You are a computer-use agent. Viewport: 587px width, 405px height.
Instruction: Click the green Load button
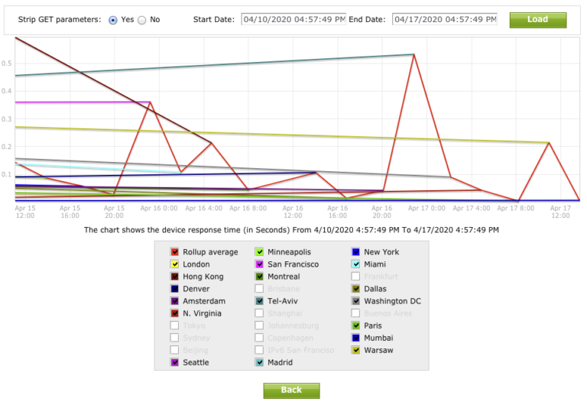(x=537, y=19)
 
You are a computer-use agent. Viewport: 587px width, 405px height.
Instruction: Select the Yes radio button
(x=113, y=20)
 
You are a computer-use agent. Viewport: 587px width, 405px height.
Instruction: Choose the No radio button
(x=142, y=20)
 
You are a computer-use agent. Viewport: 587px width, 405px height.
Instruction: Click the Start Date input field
(x=293, y=19)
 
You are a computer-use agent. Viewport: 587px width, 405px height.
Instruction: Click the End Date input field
(x=444, y=19)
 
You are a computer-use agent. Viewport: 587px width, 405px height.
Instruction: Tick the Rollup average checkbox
(x=175, y=251)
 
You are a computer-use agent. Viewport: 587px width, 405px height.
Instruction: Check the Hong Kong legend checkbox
(x=175, y=276)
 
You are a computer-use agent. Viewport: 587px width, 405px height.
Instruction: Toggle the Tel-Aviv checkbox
(x=260, y=301)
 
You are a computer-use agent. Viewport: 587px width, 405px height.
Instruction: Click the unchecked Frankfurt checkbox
(x=355, y=276)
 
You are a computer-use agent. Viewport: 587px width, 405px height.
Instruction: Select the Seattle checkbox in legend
(x=175, y=362)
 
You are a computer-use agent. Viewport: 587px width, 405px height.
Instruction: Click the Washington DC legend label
(x=392, y=301)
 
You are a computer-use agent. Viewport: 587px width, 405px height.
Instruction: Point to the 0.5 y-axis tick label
(x=8, y=63)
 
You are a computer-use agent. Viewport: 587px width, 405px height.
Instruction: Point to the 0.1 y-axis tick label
(x=8, y=174)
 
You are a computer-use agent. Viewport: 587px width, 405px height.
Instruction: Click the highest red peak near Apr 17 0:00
(x=413, y=54)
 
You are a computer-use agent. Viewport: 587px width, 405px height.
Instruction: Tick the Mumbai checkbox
(x=355, y=338)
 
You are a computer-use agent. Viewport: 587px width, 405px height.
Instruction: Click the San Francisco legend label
(x=293, y=264)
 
